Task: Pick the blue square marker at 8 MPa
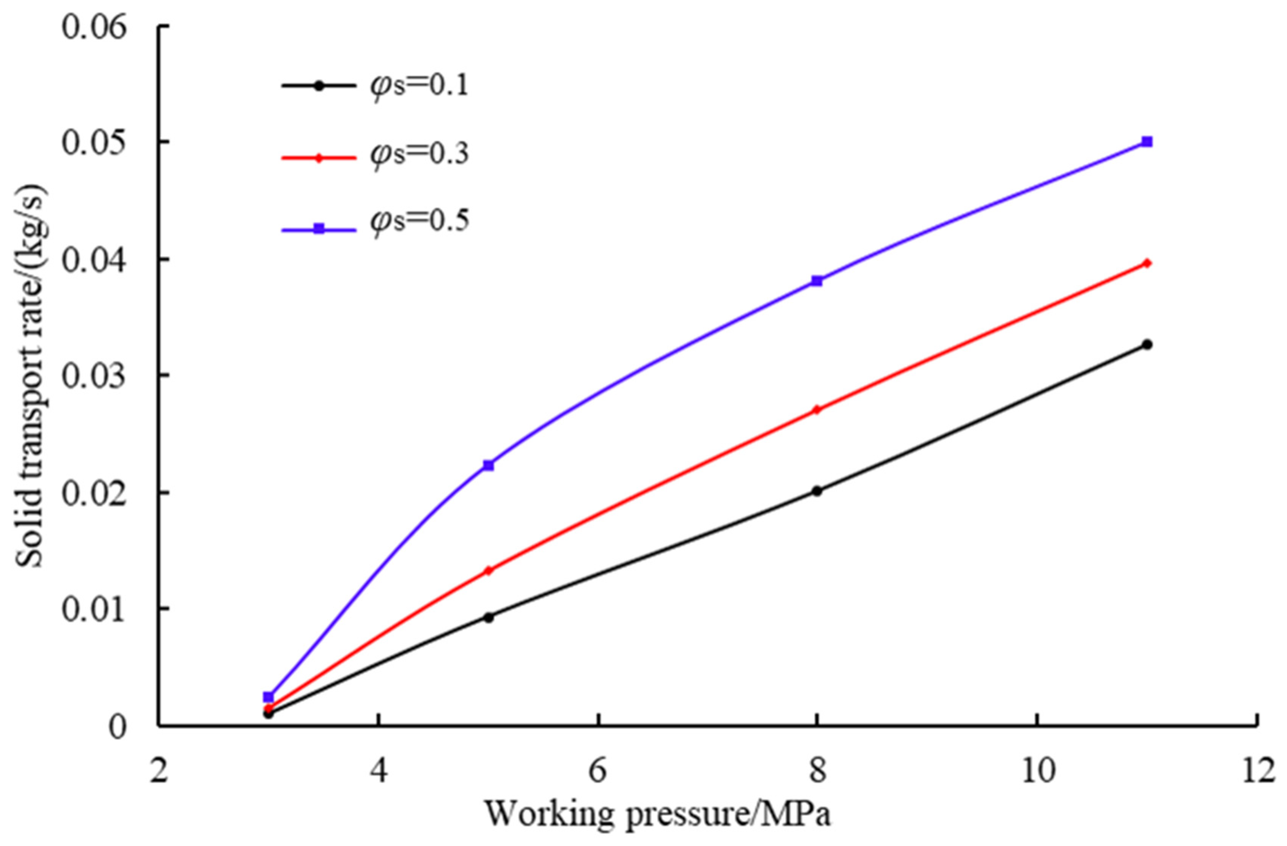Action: (x=817, y=281)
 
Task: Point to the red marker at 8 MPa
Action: (x=817, y=409)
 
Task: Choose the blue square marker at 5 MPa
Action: (x=488, y=465)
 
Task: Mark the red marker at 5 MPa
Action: (x=488, y=571)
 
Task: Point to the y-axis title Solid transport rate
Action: (x=30, y=376)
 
